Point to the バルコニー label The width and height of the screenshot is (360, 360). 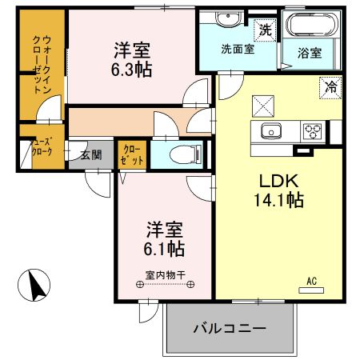229,328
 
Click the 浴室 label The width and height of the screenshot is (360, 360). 310,54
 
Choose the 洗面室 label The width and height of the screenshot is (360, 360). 237,48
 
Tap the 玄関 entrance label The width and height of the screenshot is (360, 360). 90,154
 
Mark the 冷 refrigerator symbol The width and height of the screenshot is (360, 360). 329,86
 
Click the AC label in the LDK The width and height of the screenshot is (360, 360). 313,281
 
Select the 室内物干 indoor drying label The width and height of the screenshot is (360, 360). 166,276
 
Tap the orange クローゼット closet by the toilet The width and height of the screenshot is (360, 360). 133,155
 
